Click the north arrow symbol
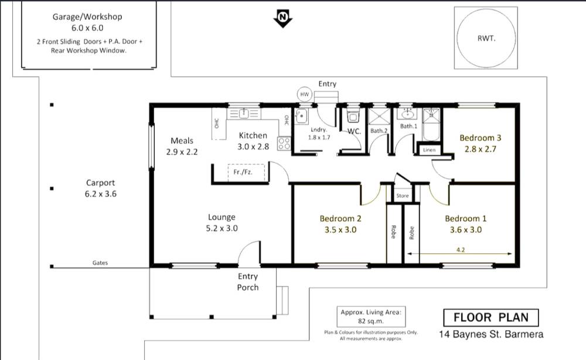(283, 18)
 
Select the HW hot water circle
(305, 94)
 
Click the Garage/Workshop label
(87, 17)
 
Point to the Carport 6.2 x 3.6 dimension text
(101, 194)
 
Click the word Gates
(100, 263)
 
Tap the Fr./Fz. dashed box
(246, 172)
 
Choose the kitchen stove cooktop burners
(284, 144)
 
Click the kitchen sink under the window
(244, 113)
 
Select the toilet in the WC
(352, 116)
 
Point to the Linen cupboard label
(429, 150)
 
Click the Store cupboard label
(403, 195)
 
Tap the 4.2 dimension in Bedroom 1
(461, 250)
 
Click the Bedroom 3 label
(481, 138)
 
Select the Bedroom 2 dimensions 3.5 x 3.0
(340, 230)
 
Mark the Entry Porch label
(248, 282)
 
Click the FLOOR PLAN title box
(490, 318)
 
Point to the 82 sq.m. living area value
(371, 321)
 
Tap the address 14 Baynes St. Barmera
(491, 334)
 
